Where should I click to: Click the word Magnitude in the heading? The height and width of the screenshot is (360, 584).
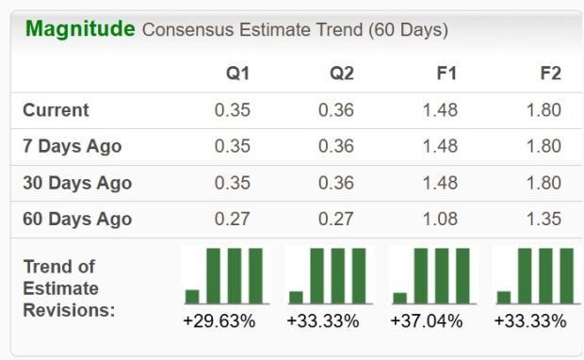click(80, 29)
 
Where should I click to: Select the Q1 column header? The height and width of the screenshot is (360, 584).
click(238, 74)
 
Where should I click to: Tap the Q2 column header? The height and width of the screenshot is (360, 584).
click(342, 74)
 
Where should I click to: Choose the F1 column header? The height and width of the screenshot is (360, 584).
click(446, 74)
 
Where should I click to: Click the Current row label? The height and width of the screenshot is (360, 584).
click(56, 110)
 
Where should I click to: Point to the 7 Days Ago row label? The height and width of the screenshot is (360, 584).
click(72, 147)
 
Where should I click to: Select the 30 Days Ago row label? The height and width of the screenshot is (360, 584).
click(76, 183)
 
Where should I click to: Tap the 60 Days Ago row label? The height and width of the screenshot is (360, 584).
click(76, 220)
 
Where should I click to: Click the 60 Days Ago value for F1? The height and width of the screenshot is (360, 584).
click(440, 220)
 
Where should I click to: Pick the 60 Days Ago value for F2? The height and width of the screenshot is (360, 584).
click(543, 220)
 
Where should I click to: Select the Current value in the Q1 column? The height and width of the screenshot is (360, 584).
click(233, 110)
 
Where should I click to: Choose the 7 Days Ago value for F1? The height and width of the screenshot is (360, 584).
click(440, 147)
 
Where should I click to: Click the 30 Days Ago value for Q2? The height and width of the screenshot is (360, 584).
click(336, 183)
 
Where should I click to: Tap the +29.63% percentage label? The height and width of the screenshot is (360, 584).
click(219, 321)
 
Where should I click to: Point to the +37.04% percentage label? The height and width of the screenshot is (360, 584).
click(427, 321)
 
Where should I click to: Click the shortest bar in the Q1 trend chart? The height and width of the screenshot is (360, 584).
click(193, 296)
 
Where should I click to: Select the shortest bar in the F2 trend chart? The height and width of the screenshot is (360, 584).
click(504, 296)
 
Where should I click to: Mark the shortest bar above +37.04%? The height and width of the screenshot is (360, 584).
click(400, 296)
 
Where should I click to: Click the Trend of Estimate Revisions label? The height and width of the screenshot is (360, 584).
click(68, 287)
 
